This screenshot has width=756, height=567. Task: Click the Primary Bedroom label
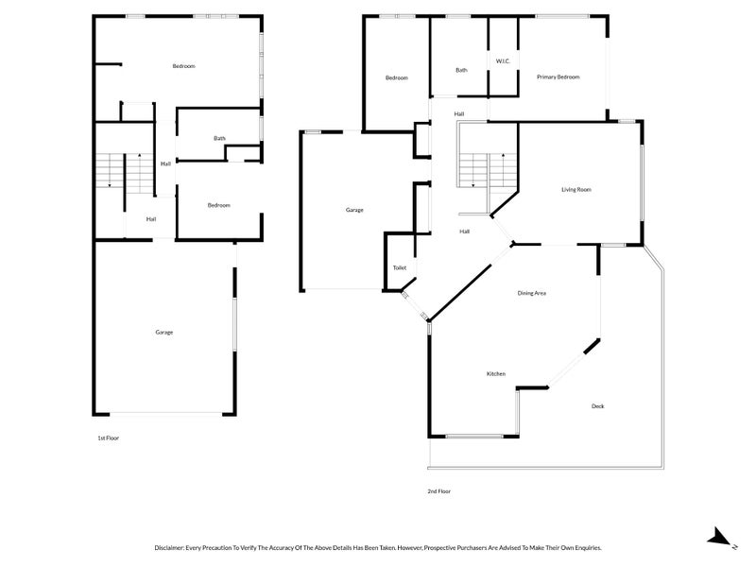(x=558, y=77)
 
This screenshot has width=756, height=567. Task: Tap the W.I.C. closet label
(x=503, y=61)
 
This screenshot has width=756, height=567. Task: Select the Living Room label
(x=576, y=190)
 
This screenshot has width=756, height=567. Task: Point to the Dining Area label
(x=531, y=293)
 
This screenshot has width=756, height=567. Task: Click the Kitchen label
(x=495, y=374)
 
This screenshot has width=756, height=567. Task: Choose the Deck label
(x=597, y=406)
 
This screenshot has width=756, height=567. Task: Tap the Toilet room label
(x=399, y=268)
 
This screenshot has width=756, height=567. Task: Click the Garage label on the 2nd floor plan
(x=354, y=210)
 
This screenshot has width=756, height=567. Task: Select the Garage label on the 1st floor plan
(x=163, y=332)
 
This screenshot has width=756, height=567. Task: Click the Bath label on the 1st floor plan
(x=219, y=139)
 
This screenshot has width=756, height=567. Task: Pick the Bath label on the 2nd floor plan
(x=461, y=70)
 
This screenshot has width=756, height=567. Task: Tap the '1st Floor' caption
(x=109, y=438)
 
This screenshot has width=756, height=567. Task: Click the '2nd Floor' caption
(x=439, y=491)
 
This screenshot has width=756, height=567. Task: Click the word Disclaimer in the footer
(x=174, y=547)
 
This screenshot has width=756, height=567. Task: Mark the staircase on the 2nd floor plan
(x=488, y=171)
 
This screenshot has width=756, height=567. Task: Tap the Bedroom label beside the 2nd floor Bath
(x=396, y=77)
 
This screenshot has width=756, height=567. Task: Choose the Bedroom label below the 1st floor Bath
(x=218, y=205)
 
